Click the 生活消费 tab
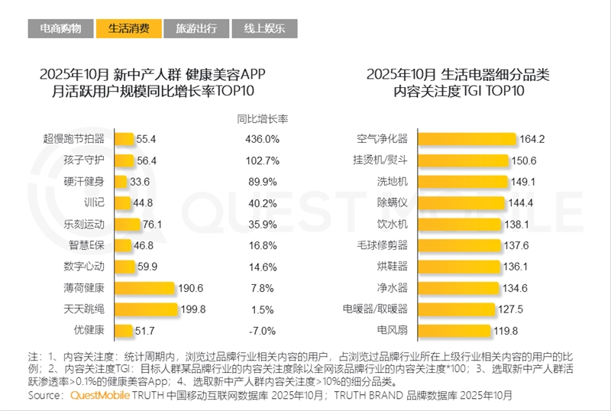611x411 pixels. pos(130,29)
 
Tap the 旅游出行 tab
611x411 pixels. pos(196,29)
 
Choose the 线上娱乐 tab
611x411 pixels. pos(264,29)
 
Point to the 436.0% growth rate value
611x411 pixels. pos(262,140)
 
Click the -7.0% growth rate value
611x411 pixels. pos(262,331)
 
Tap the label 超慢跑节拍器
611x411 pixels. pos(76,140)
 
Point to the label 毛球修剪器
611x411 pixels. pos(383,246)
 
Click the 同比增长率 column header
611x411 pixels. pos(262,119)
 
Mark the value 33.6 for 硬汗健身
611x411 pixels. pos(140,182)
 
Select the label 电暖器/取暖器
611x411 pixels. pos(376,309)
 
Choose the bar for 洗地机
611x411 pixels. pos(463,182)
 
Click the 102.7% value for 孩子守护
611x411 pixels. pos(262,161)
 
